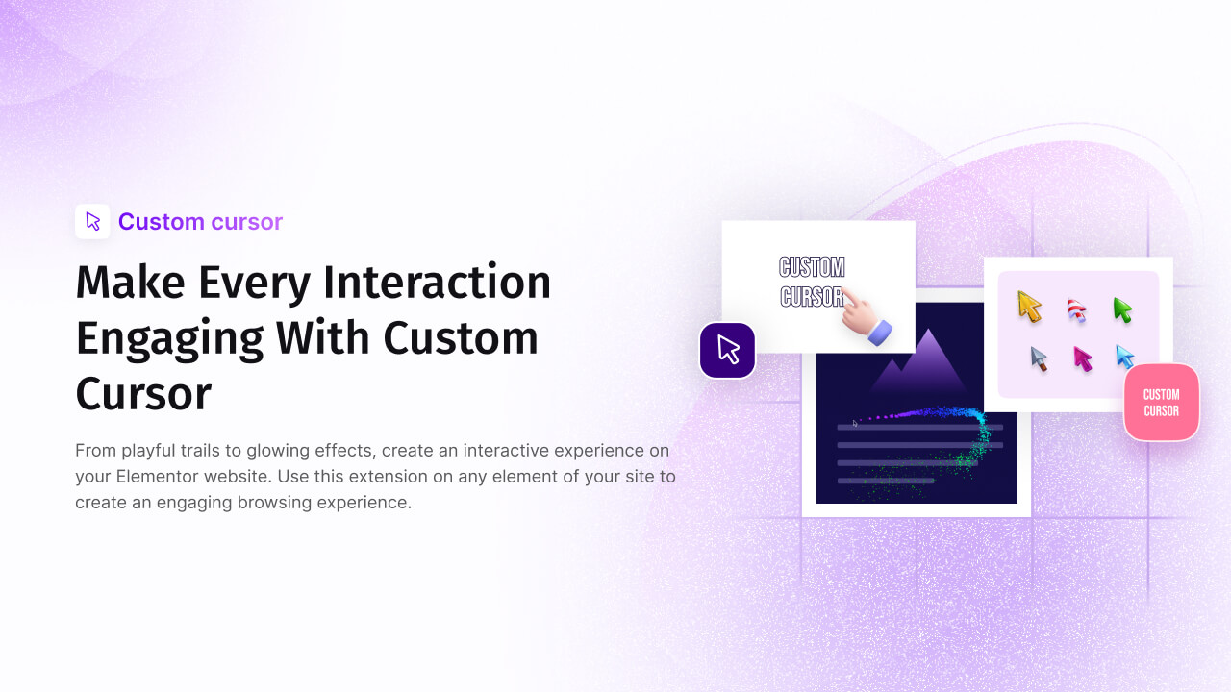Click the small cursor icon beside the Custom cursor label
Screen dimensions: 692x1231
(92, 221)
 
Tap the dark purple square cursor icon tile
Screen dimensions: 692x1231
(727, 350)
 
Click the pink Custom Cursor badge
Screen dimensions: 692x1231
(1161, 403)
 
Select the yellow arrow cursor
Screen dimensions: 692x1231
(1029, 307)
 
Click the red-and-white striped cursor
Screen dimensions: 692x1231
(1077, 310)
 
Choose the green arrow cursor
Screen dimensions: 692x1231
(1122, 309)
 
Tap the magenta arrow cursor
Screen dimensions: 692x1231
(1083, 358)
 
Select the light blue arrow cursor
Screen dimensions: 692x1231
(1124, 357)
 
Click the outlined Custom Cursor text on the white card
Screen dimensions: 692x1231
(812, 282)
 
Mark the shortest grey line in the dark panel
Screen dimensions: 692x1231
(885, 480)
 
